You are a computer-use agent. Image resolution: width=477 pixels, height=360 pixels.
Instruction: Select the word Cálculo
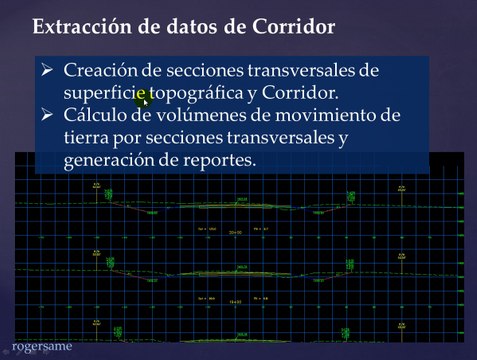(97, 117)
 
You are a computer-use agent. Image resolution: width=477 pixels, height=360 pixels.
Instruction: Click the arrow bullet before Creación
(47, 72)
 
